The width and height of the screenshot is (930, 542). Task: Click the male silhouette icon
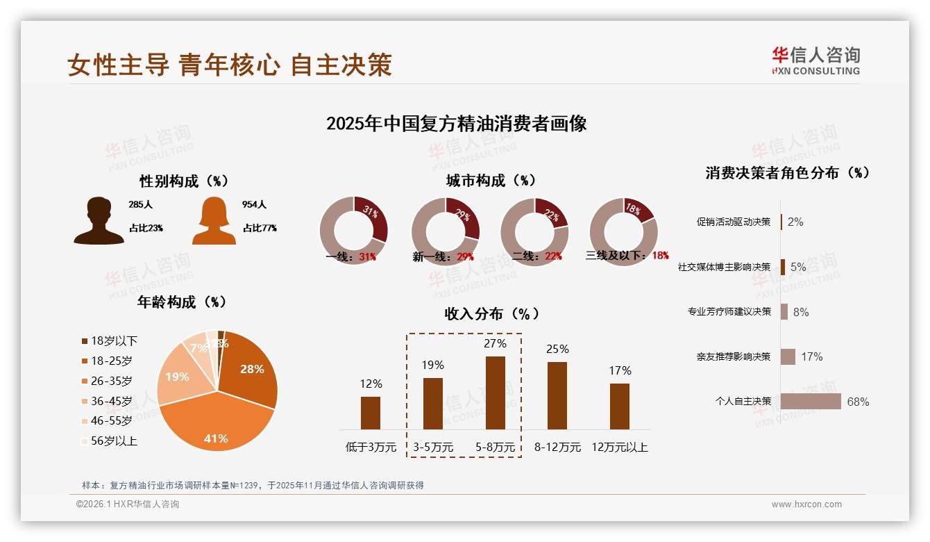[x=99, y=221]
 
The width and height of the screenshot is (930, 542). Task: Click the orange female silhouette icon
[x=214, y=221]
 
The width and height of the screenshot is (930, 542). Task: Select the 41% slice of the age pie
[x=215, y=424]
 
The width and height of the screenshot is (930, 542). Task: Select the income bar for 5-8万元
[x=495, y=393]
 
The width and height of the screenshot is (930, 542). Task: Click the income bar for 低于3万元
[x=371, y=413]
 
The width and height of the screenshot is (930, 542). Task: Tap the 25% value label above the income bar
[x=557, y=349]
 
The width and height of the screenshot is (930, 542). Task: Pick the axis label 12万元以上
[x=620, y=447]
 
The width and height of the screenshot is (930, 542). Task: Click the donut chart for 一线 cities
[x=353, y=231]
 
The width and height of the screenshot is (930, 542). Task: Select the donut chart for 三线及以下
[x=623, y=231]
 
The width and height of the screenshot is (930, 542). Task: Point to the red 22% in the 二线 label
[x=553, y=256]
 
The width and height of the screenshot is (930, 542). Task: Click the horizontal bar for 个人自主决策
[x=811, y=402]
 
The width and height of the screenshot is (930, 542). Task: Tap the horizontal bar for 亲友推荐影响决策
[x=788, y=356]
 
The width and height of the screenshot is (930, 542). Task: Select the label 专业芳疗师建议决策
[x=729, y=312]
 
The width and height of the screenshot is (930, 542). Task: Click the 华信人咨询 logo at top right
[x=815, y=60]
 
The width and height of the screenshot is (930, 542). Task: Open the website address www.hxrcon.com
[x=806, y=504]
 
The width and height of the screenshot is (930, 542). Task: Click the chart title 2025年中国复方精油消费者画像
[x=456, y=124]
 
